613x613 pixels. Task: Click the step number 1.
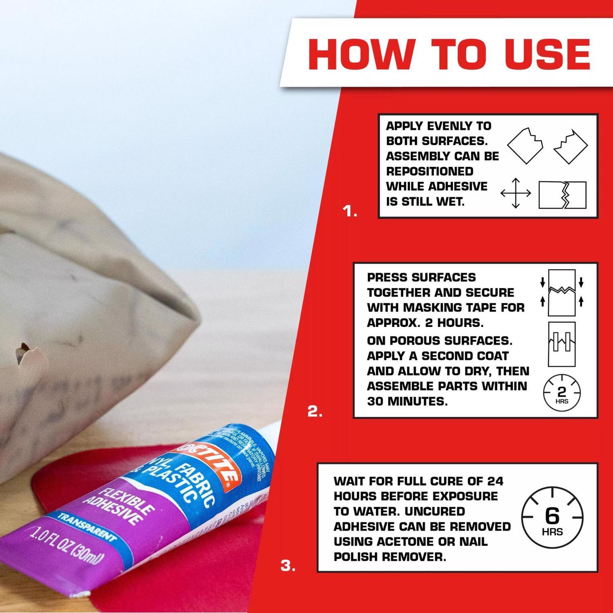point(350,212)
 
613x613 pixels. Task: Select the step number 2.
point(315,412)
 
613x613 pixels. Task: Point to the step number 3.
point(288,566)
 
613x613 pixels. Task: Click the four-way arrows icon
point(516,193)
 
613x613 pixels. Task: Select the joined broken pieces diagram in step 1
point(562,195)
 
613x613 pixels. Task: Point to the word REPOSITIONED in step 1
point(430,171)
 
